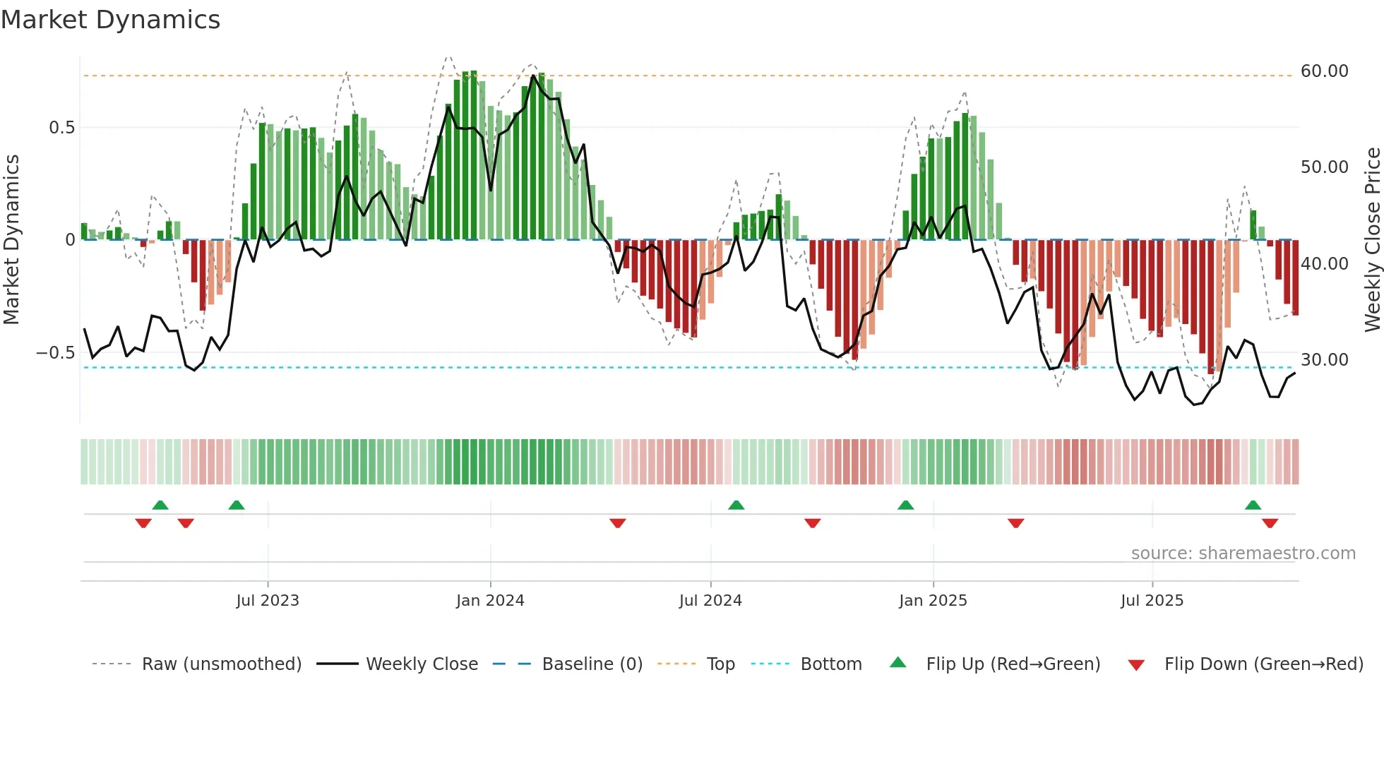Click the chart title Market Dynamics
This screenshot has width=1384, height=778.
(x=110, y=20)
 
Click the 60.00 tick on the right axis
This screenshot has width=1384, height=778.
(x=1324, y=71)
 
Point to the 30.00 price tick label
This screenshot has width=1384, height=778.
(x=1324, y=360)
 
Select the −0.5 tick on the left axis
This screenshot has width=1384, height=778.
(x=56, y=353)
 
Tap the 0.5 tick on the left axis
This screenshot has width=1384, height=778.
(x=61, y=128)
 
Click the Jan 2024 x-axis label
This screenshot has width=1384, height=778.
(x=490, y=601)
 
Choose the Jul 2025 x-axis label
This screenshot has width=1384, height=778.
(x=1152, y=601)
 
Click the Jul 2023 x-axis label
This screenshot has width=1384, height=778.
(x=268, y=601)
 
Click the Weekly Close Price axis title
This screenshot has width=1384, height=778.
(x=1372, y=240)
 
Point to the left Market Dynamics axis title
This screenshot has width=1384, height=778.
(x=11, y=240)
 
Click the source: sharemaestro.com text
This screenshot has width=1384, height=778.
(x=1243, y=553)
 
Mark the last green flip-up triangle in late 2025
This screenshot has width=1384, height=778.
(x=1253, y=505)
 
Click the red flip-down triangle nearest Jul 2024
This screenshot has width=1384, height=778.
(x=618, y=523)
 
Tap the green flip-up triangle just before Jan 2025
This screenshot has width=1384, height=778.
(x=905, y=505)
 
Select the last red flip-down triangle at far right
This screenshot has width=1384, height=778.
(x=1270, y=523)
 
